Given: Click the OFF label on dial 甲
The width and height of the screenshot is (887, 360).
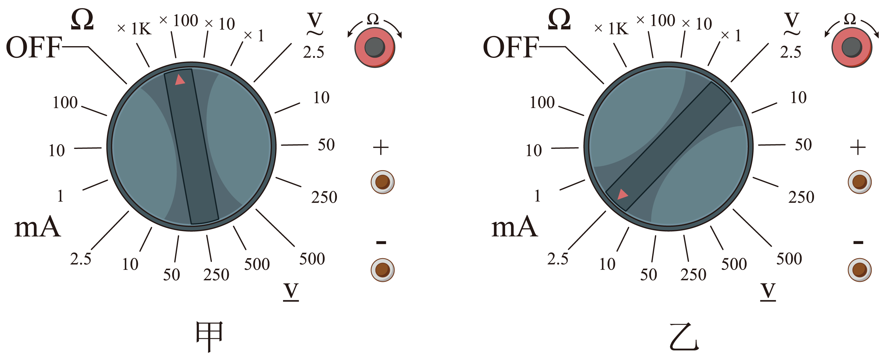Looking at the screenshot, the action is click(34, 47).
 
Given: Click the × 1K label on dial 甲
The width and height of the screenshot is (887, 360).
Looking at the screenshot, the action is click(134, 29).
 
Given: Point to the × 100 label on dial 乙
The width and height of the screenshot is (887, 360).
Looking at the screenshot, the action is click(656, 20).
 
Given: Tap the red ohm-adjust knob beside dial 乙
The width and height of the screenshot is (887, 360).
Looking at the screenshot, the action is click(852, 47).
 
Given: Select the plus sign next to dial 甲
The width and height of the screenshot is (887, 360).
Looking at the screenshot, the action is click(381, 147).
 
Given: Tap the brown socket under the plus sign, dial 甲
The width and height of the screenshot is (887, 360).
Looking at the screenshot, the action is click(383, 182).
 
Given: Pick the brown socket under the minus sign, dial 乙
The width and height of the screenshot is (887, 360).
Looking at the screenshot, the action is click(860, 270).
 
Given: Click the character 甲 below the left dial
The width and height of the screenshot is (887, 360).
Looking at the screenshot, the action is click(209, 336).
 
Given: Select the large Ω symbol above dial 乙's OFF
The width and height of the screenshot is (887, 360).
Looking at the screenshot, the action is click(559, 19).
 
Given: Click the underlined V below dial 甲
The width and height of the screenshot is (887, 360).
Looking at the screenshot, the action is click(291, 292).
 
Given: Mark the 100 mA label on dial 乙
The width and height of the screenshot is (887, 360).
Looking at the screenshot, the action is click(542, 102).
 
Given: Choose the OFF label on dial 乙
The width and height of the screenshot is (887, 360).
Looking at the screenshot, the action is click(511, 47).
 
